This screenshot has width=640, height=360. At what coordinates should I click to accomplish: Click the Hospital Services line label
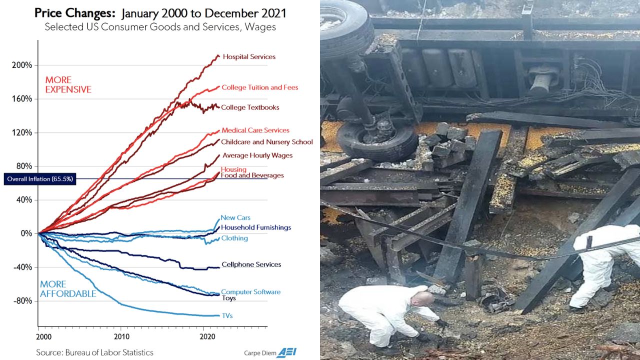coord(248,57)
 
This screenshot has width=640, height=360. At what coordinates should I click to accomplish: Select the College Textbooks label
coord(250,107)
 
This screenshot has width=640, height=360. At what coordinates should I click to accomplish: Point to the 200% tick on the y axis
coord(22,65)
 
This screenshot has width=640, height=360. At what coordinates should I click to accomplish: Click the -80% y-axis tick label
coord(22,300)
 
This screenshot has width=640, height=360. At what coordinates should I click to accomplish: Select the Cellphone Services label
coord(251,264)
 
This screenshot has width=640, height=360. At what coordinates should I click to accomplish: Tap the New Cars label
coord(235,217)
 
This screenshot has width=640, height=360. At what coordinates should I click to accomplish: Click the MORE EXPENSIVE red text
coord(68,85)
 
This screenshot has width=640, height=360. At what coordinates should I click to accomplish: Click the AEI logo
coord(287,352)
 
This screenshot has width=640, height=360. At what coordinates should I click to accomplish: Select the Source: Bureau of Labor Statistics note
coord(94,352)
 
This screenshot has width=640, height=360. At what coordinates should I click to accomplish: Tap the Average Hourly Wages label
coord(257,155)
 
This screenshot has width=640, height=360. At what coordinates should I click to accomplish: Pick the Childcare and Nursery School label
coord(266,142)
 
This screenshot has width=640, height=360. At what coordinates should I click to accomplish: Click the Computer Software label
coord(250,292)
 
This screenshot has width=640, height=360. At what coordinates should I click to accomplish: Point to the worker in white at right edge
coord(602,262)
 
